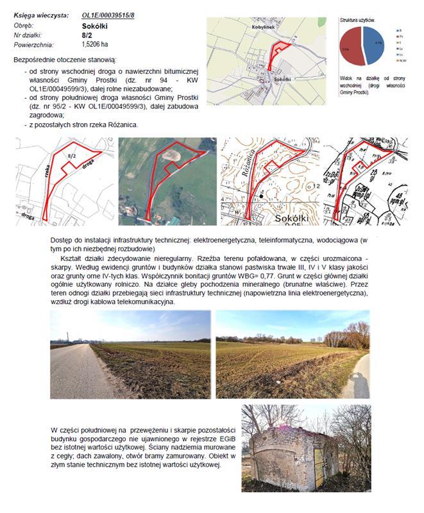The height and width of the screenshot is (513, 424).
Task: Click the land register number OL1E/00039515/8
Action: click(108, 14)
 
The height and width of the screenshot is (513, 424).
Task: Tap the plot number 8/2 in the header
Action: click(88, 35)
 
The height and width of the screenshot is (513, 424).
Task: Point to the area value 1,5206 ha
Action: click(95, 45)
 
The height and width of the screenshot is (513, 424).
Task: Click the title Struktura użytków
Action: click(358, 21)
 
